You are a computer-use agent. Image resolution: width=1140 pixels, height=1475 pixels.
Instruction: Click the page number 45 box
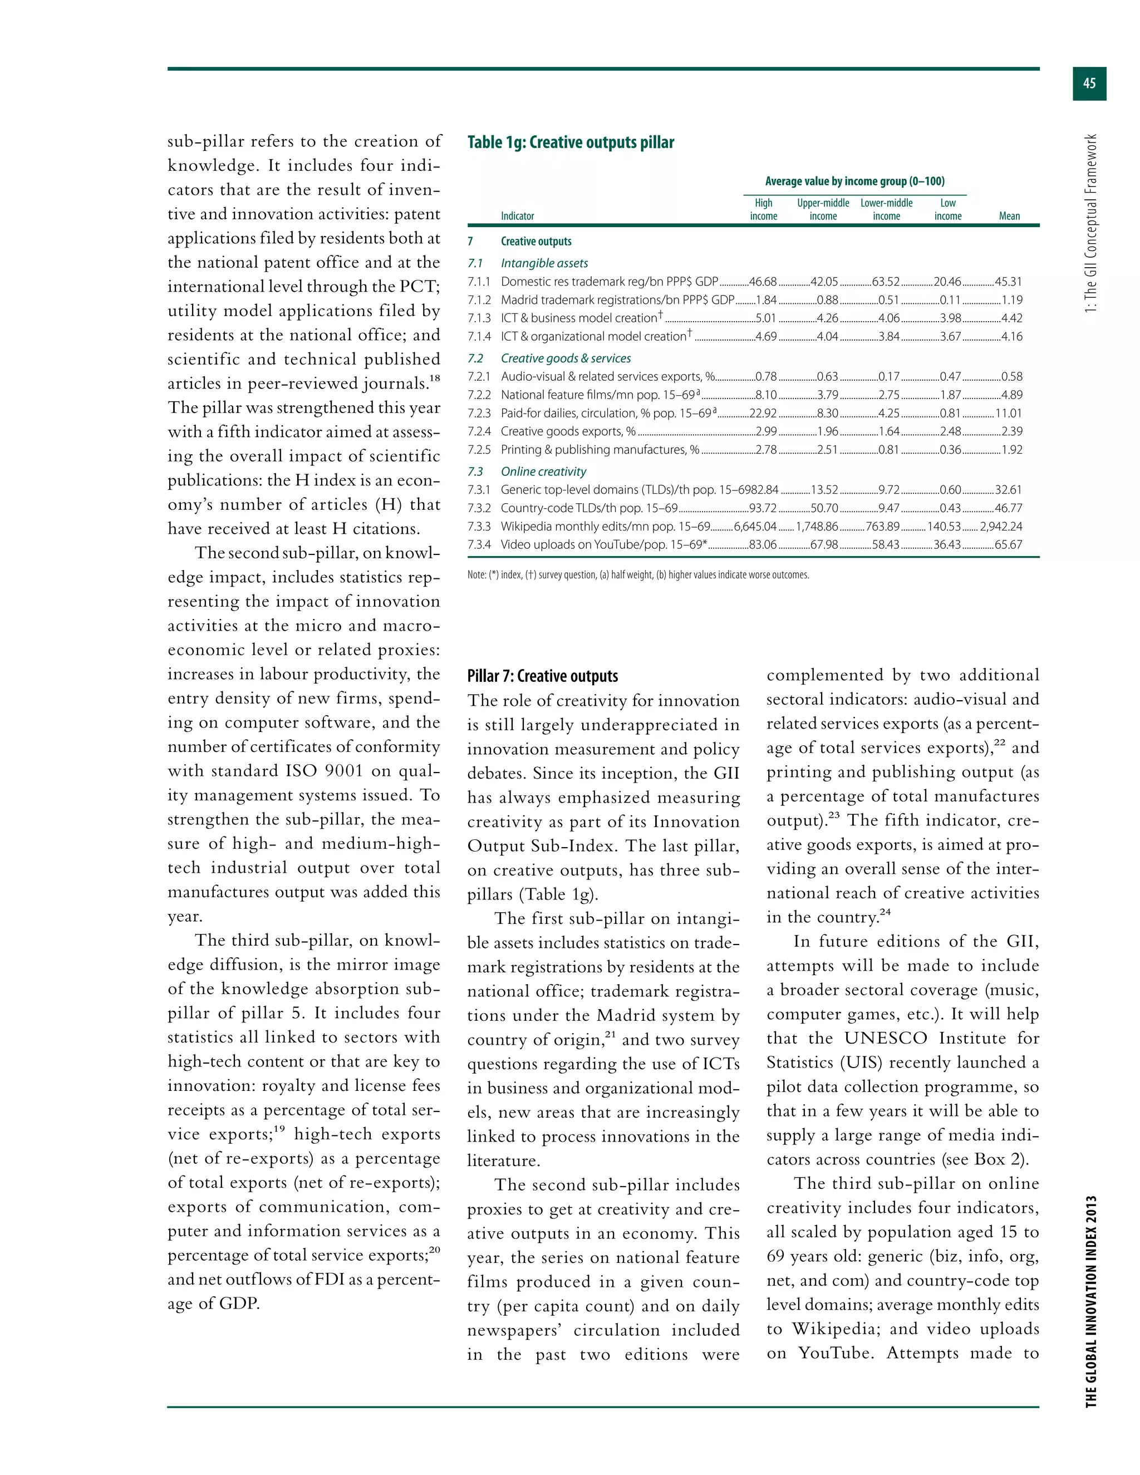(1089, 83)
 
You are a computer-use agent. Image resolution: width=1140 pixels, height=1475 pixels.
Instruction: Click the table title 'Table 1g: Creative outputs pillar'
(571, 142)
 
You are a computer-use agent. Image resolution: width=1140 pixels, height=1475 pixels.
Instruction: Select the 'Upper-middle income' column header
(823, 209)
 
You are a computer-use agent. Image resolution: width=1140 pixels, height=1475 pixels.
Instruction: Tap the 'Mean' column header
(1009, 216)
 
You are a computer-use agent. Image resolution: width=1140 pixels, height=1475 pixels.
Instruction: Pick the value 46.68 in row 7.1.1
(763, 282)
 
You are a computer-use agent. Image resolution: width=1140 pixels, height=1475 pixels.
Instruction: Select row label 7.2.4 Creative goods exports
(567, 431)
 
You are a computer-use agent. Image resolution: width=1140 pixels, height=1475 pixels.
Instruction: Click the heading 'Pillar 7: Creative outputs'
(542, 676)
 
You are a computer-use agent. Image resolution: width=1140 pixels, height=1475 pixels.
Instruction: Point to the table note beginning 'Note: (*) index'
(637, 576)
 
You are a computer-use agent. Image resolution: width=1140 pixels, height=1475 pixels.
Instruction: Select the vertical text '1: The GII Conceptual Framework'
(1090, 223)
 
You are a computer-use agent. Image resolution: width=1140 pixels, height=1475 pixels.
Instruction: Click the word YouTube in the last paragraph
(835, 1353)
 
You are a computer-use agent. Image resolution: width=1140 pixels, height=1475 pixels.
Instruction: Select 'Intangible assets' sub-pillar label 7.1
(544, 263)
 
